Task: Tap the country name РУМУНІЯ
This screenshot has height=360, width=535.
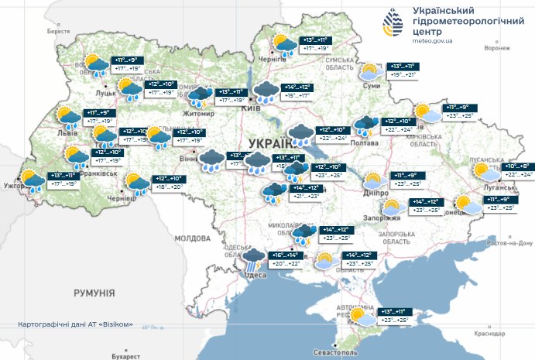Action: pyautogui.click(x=94, y=293)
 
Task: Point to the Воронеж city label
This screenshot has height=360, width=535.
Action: pyautogui.click(x=498, y=47)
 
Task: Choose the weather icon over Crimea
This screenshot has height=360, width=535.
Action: pyautogui.click(x=360, y=317)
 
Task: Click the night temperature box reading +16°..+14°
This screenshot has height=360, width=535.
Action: pyautogui.click(x=284, y=255)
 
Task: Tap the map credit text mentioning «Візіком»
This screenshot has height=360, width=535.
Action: pyautogui.click(x=81, y=324)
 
